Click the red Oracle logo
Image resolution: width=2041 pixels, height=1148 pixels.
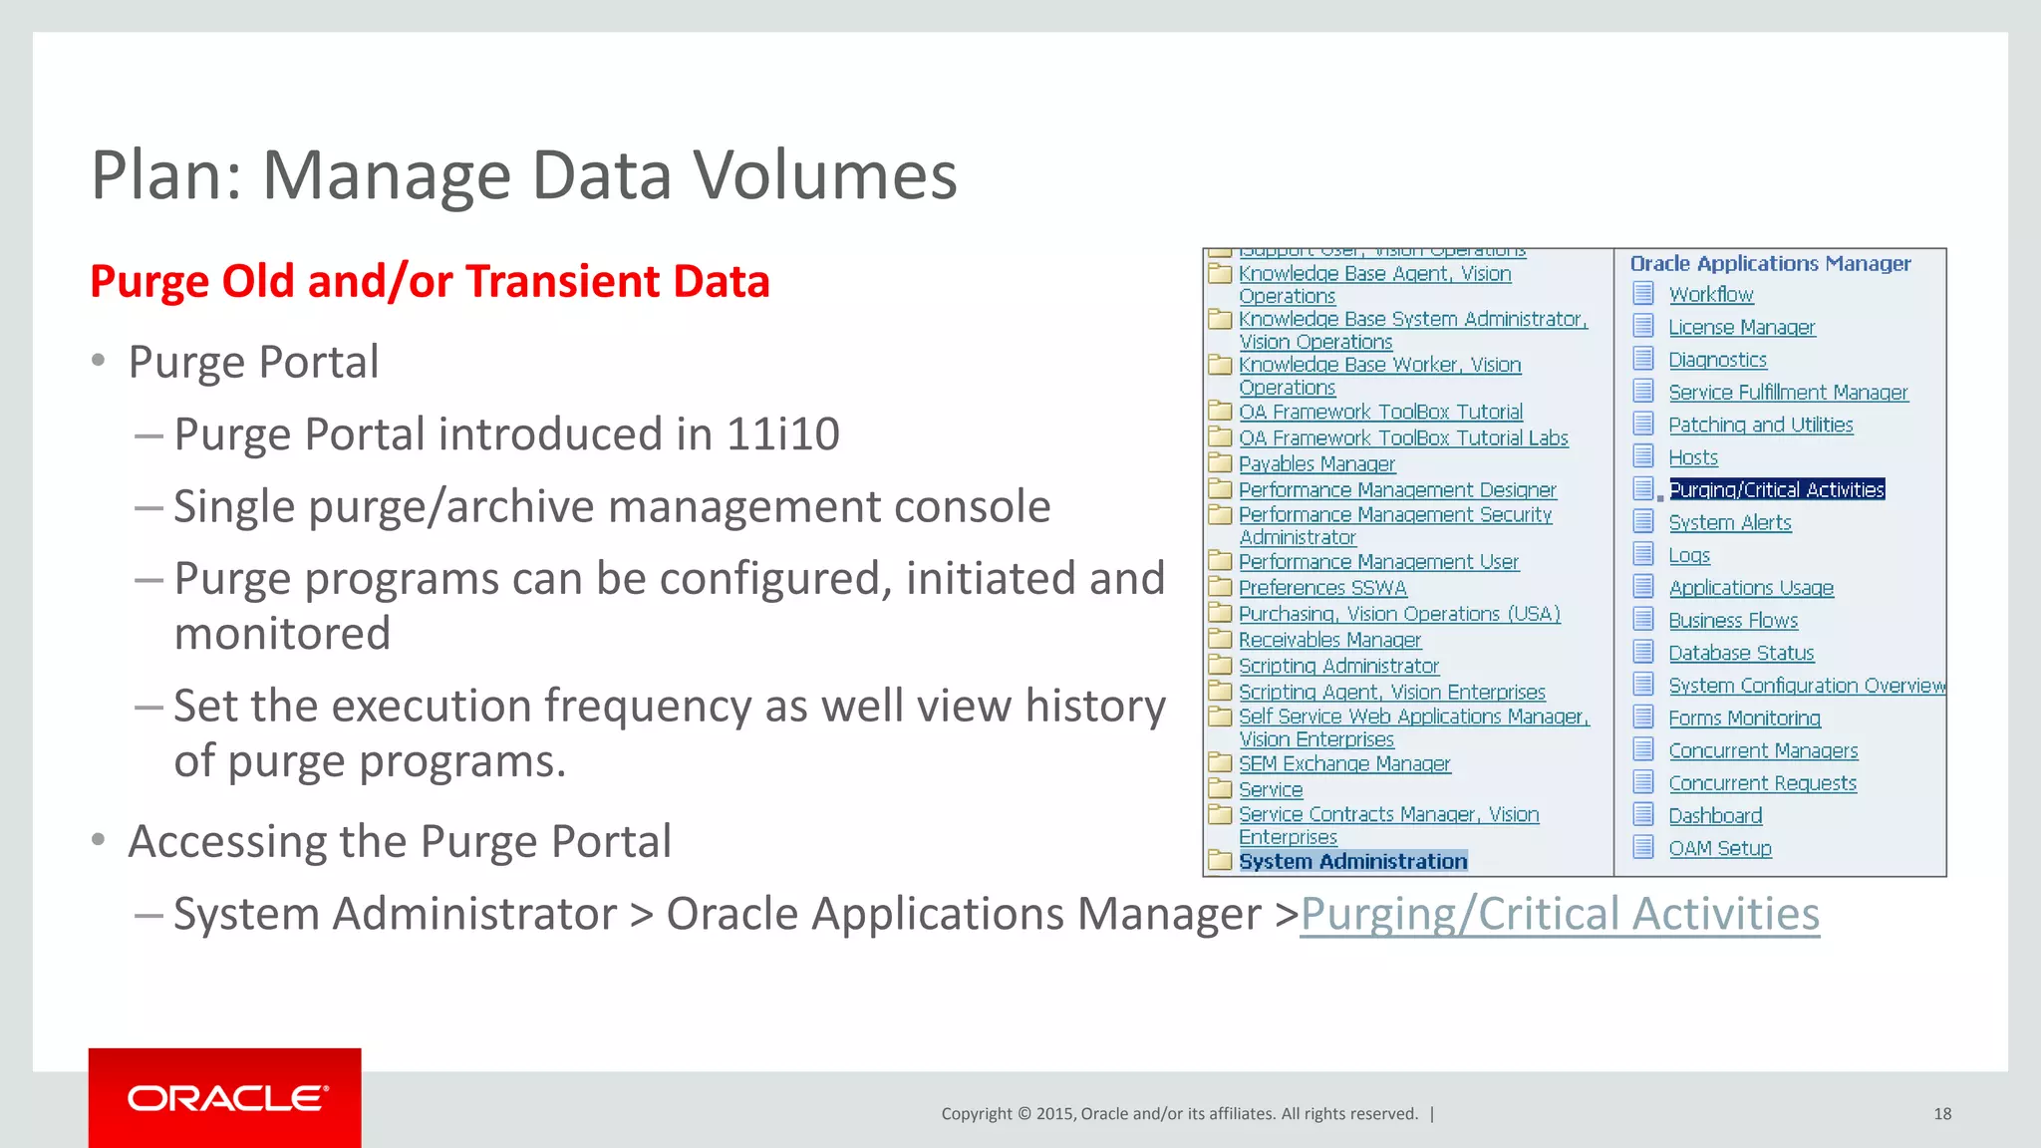click(225, 1097)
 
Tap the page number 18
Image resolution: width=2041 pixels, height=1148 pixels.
click(1941, 1113)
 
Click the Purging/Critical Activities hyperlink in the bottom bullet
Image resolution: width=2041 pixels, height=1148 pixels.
click(1560, 914)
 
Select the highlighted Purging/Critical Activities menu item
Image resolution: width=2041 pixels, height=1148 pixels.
click(1777, 489)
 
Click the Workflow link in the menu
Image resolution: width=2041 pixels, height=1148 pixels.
click(1711, 295)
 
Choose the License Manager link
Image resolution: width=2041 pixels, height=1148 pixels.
click(1741, 328)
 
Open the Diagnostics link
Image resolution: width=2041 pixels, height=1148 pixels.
click(1717, 360)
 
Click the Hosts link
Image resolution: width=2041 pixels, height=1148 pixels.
click(1693, 457)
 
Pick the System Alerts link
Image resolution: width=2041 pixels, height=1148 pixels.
click(1729, 523)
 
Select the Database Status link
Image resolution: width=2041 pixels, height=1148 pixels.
click(1741, 654)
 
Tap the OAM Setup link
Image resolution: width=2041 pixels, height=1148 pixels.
click(1720, 849)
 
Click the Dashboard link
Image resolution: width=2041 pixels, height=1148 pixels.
click(1715, 816)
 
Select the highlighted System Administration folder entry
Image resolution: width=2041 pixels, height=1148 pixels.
click(1352, 861)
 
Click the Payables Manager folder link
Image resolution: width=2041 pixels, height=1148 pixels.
click(1316, 464)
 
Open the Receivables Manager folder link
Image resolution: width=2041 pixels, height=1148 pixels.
click(1329, 640)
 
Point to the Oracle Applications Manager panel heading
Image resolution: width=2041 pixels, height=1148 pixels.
click(1770, 264)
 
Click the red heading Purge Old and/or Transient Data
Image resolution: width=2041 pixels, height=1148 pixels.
click(430, 282)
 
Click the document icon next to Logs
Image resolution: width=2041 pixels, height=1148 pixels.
click(1643, 554)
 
